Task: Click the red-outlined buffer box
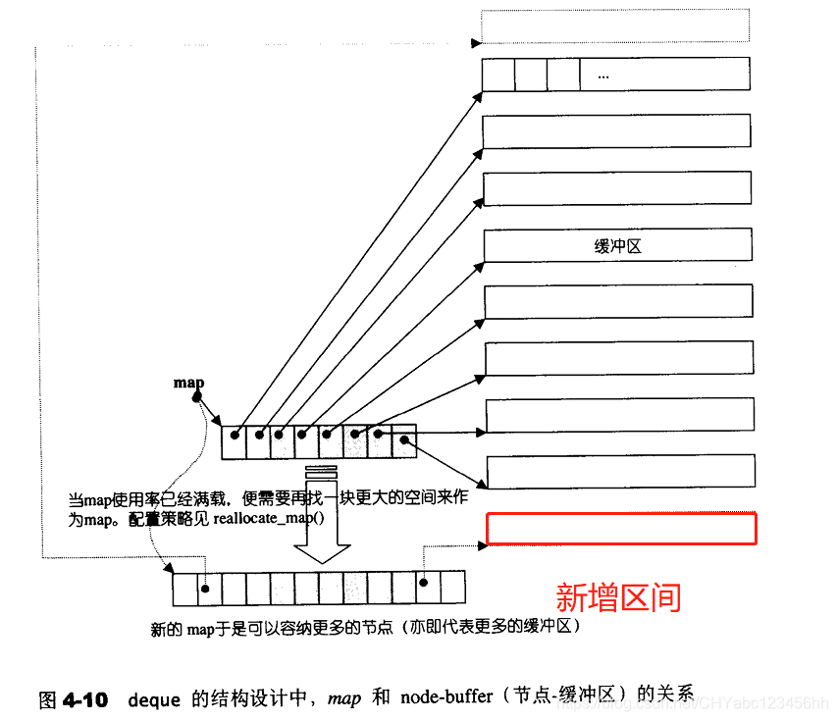621,528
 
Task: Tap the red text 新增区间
618,596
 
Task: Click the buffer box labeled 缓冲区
618,246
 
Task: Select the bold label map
188,382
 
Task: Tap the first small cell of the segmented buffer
499,75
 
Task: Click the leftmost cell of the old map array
234,441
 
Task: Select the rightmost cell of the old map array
403,441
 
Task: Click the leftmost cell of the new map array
184,588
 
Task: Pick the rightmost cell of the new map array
452,588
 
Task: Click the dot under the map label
197,397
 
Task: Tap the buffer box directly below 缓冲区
619,302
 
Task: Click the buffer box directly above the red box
620,472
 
